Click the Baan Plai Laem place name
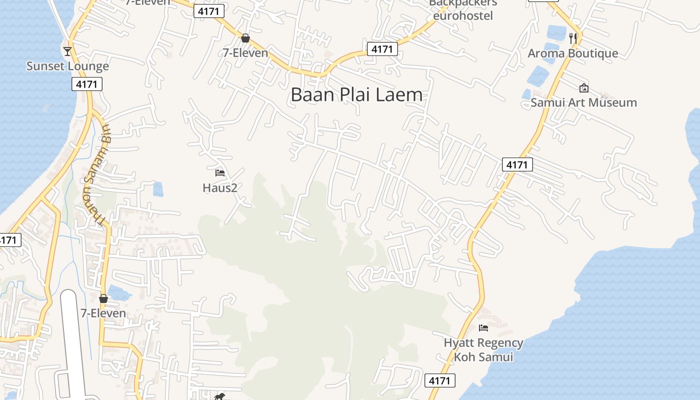point(356,94)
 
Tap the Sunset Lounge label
point(67,66)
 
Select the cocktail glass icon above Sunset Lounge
point(67,51)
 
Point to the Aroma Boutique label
point(573,53)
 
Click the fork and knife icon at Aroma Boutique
point(573,37)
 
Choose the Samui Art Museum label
point(583,102)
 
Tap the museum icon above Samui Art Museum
point(583,88)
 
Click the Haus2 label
point(219,187)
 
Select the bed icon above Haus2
point(219,173)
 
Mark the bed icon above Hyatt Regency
point(483,328)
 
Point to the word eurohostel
point(463,15)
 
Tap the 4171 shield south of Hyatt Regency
point(440,380)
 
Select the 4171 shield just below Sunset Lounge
point(87,84)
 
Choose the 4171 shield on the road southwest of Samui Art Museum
point(517,164)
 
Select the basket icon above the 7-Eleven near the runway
point(103,298)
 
